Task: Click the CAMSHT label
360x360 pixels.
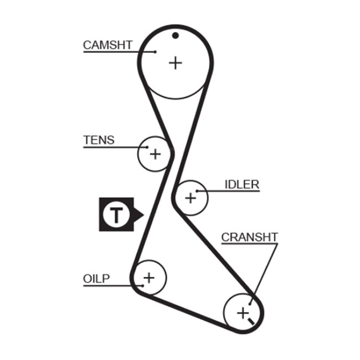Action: coord(107,45)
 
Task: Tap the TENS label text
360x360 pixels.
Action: coord(99,140)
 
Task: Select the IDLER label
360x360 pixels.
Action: coord(242,184)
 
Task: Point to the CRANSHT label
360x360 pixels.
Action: coord(249,237)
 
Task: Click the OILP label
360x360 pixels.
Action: coord(97,278)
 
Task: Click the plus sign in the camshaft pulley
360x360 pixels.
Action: coord(175,63)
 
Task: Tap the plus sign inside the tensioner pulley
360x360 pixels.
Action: coord(155,153)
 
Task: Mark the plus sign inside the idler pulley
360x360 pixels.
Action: coord(191,197)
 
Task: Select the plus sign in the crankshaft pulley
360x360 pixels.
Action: coord(243,313)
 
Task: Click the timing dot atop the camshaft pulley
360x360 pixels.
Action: coord(175,36)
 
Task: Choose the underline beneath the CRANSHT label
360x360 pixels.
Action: coord(249,244)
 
